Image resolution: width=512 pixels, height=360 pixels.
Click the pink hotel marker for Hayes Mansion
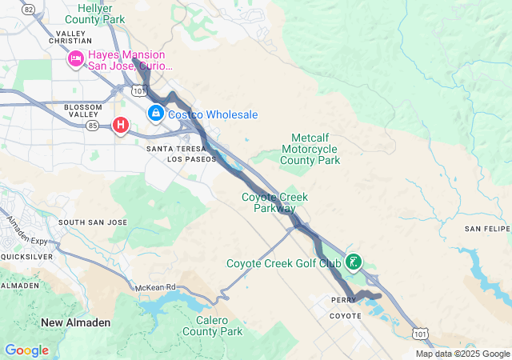click(76, 58)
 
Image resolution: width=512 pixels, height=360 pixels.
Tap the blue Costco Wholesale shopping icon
click(154, 115)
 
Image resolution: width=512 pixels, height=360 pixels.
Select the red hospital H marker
click(121, 125)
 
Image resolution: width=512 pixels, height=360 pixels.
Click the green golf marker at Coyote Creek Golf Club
click(352, 262)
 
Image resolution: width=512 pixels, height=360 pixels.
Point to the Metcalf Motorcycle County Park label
click(310, 149)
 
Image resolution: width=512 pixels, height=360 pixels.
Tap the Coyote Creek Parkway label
click(274, 202)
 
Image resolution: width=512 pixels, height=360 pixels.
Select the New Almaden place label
click(76, 322)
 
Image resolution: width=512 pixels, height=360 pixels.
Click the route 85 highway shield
click(94, 126)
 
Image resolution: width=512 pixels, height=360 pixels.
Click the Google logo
click(26, 350)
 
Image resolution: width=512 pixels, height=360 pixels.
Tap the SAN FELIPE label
click(486, 230)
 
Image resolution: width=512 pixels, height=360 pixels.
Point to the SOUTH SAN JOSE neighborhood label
click(93, 222)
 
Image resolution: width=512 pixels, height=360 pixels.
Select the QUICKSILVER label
click(26, 257)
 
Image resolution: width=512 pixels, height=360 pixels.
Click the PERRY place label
click(343, 301)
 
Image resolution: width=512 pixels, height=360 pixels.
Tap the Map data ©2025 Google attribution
click(462, 354)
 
